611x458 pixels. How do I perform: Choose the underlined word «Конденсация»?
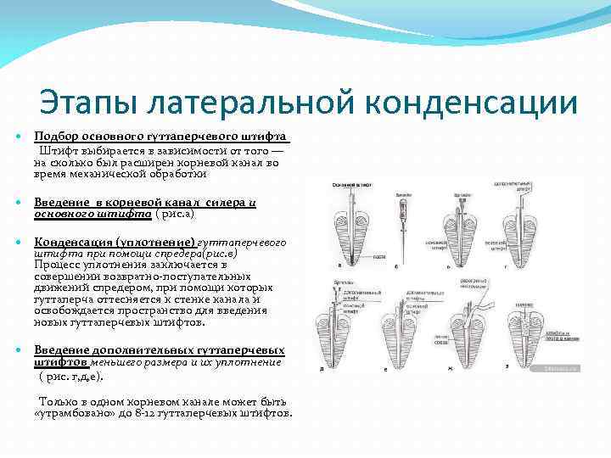(x=72, y=242)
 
